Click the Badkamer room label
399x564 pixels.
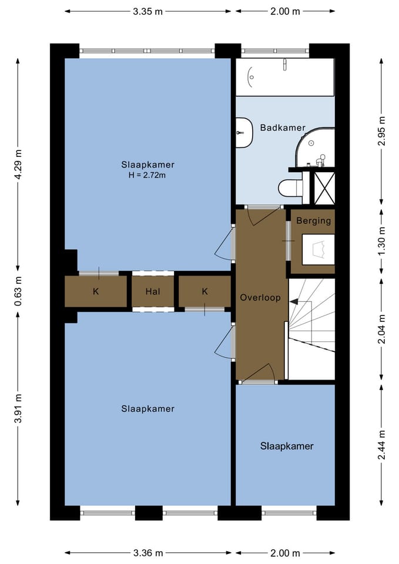pyautogui.click(x=283, y=127)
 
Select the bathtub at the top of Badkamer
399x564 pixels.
pyautogui.click(x=285, y=77)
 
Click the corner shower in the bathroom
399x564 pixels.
pyautogui.click(x=315, y=147)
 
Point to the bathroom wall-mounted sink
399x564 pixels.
pyautogui.click(x=244, y=132)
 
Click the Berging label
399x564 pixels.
pyautogui.click(x=313, y=220)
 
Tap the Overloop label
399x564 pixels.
pyautogui.click(x=260, y=297)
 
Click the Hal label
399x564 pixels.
pyautogui.click(x=153, y=291)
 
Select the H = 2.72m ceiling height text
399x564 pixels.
pyautogui.click(x=147, y=176)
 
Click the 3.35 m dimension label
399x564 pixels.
pyautogui.click(x=147, y=12)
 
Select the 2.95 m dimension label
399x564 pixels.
pyautogui.click(x=382, y=130)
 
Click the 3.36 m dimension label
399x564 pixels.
pyautogui.click(x=148, y=553)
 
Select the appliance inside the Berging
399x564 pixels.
pyautogui.click(x=318, y=250)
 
